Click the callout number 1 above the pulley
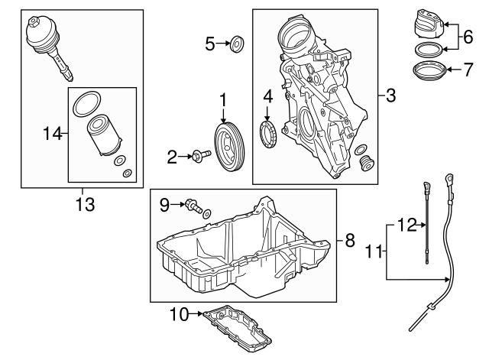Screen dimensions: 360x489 point(224,99)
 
